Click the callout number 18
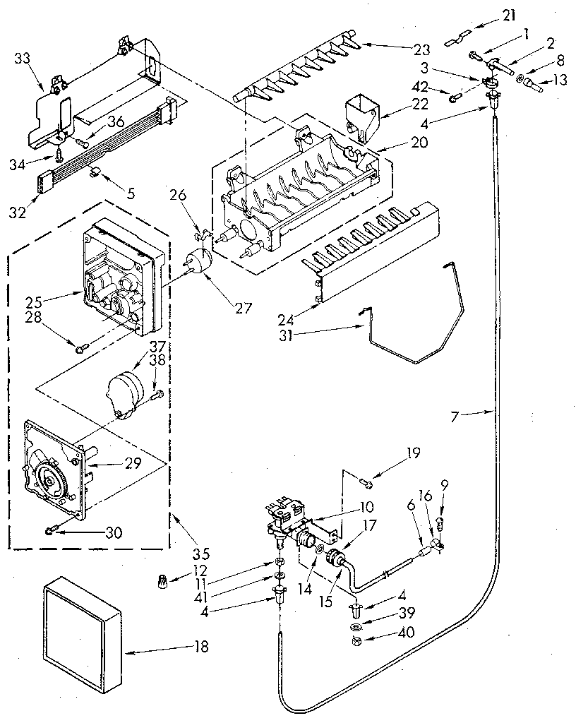(201, 647)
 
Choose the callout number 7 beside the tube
(454, 417)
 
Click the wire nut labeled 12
(164, 584)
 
